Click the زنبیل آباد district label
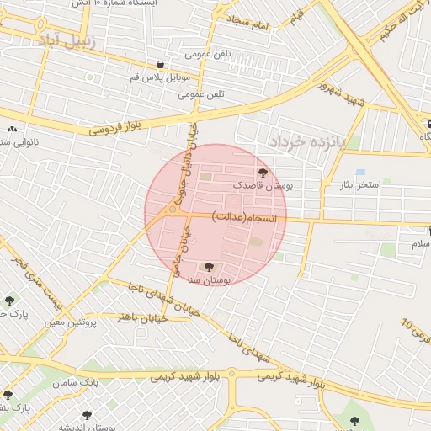click(68, 40)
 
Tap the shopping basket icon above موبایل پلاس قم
click(160, 64)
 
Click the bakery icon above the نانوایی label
click(12, 130)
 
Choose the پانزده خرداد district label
click(307, 142)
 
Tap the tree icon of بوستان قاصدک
click(262, 172)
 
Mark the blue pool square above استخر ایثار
click(360, 172)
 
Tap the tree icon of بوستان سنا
click(209, 267)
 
